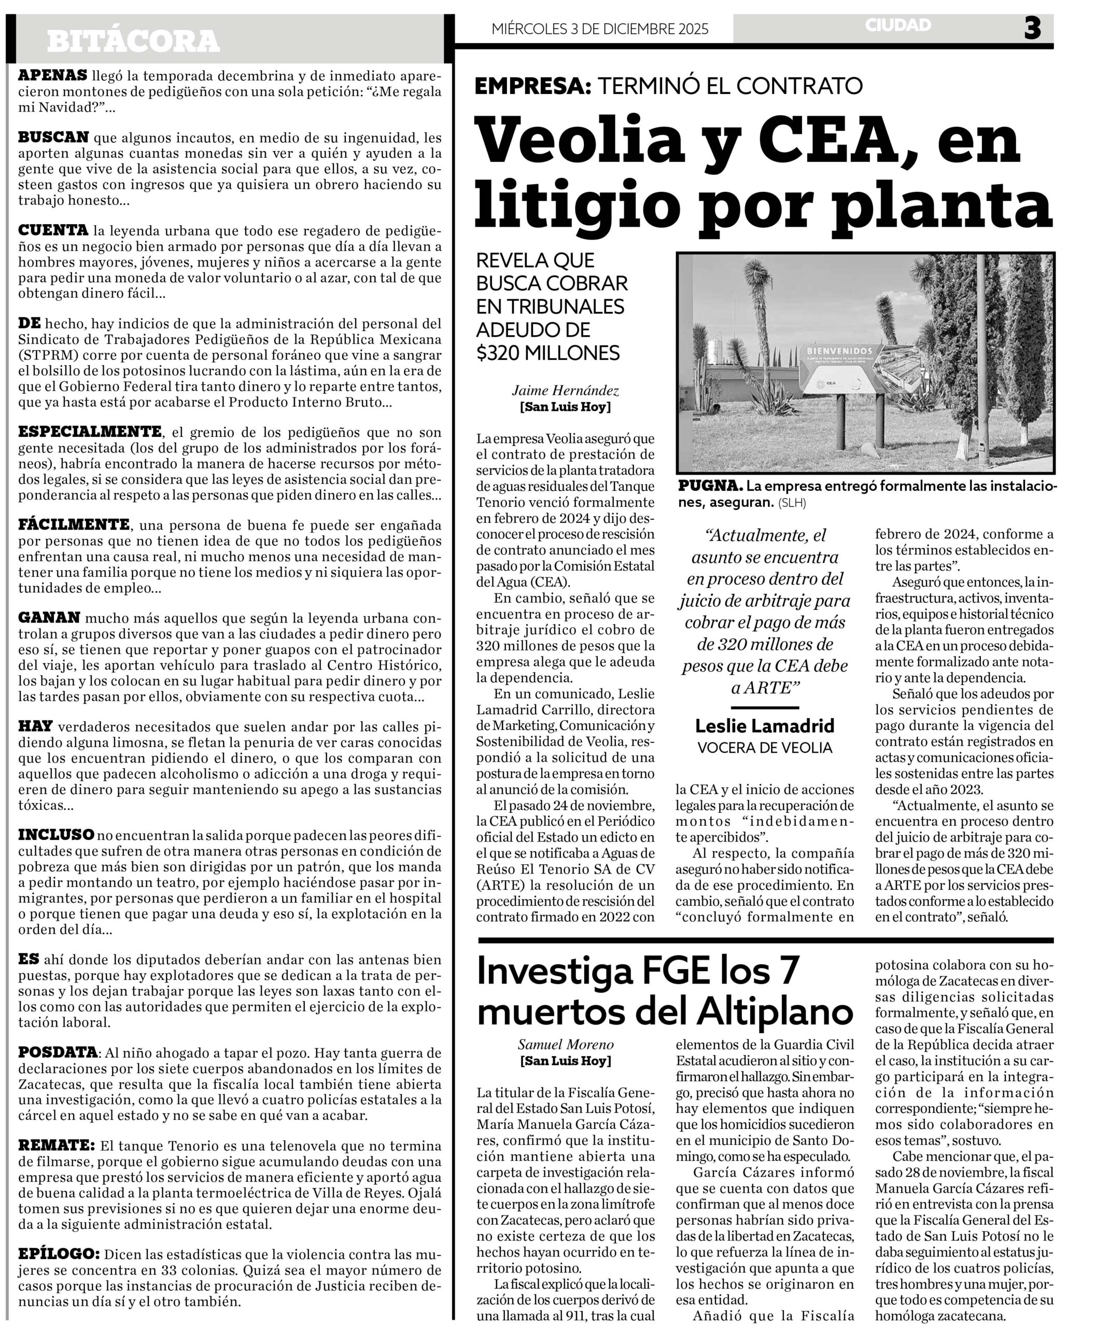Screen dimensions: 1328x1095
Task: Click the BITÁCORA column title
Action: click(x=133, y=41)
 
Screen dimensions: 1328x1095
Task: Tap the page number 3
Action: click(x=1032, y=29)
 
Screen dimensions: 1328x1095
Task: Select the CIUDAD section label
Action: click(x=897, y=25)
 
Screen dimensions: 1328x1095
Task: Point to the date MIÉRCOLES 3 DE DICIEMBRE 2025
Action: click(x=600, y=29)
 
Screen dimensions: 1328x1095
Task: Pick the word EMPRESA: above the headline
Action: click(x=532, y=85)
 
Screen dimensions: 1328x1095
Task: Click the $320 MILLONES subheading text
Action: click(x=547, y=353)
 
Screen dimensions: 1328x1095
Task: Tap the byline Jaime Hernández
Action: click(x=565, y=391)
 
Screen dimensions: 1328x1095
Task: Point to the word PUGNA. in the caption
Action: click(x=710, y=486)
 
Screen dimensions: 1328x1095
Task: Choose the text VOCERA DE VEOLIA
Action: click(x=765, y=748)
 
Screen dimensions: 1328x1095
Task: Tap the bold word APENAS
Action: click(x=52, y=76)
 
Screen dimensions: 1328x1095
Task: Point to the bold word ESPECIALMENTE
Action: click(x=90, y=432)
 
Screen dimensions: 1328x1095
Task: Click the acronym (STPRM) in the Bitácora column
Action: click(x=46, y=355)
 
